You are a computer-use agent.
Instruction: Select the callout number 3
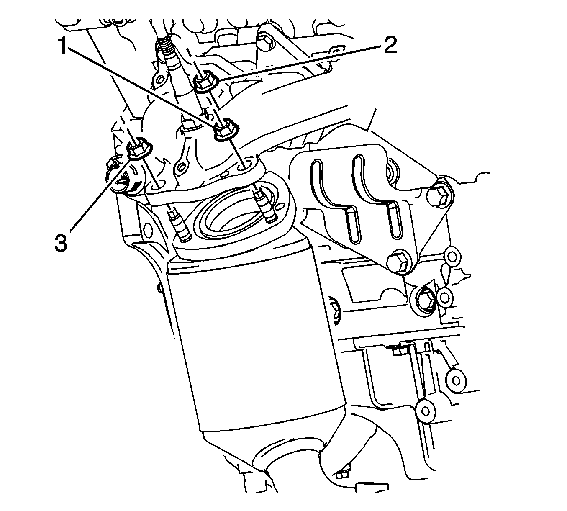click(x=61, y=243)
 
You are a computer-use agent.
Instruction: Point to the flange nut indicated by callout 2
click(x=205, y=81)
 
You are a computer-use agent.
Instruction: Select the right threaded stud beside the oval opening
click(x=264, y=207)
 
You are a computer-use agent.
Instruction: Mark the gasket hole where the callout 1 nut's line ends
click(x=246, y=166)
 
